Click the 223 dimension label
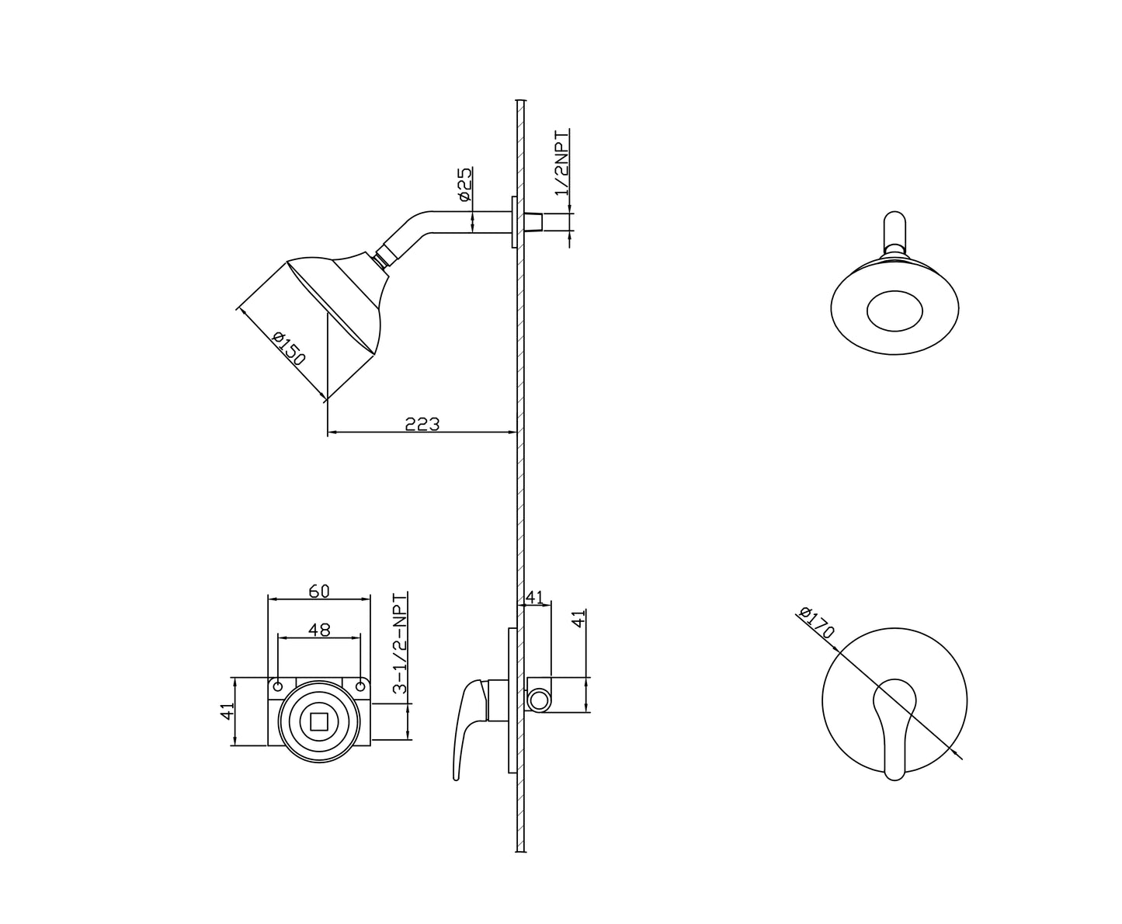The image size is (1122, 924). (x=422, y=424)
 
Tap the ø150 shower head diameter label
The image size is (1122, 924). (x=289, y=349)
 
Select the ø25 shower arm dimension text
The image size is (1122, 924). (x=465, y=184)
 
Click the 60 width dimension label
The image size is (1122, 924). (x=318, y=591)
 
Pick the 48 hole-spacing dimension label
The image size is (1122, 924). (x=319, y=630)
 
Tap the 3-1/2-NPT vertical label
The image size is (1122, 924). (x=400, y=643)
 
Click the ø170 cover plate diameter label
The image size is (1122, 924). (x=817, y=622)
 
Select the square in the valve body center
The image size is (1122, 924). (x=319, y=722)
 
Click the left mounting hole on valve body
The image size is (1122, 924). (x=278, y=686)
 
